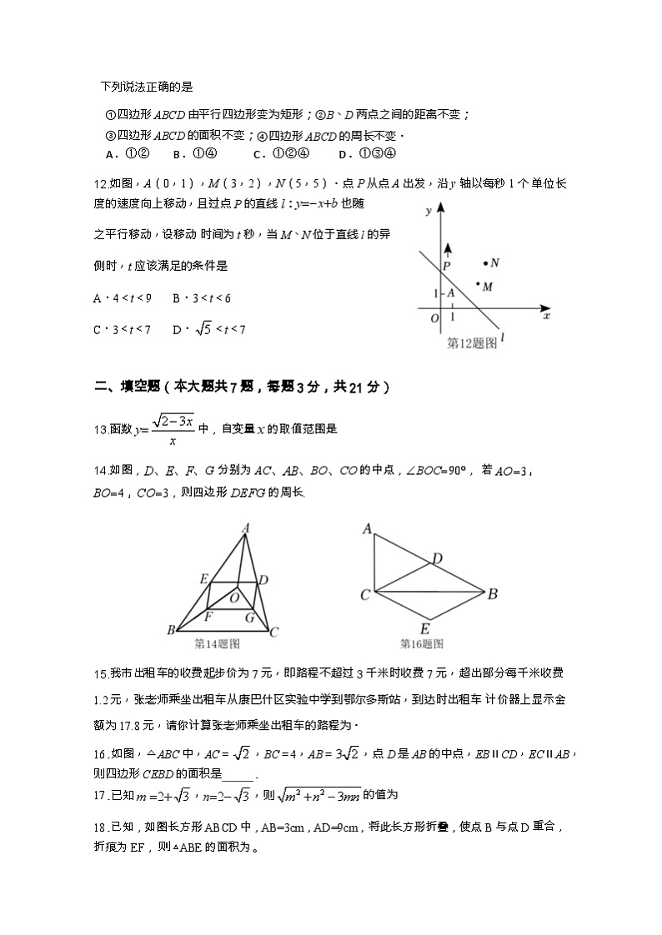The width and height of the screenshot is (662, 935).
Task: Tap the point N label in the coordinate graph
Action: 494,263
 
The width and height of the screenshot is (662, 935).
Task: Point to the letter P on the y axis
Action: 447,266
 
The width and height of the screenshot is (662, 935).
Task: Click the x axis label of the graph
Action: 546,317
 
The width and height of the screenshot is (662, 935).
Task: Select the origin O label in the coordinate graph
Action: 434,318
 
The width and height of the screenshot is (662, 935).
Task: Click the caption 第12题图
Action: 472,342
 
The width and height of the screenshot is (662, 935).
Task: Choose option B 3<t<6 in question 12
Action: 201,297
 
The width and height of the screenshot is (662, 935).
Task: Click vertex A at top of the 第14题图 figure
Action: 246,527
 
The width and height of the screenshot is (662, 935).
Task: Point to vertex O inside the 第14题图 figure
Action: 234,597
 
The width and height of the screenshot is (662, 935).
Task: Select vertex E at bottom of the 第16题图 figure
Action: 425,628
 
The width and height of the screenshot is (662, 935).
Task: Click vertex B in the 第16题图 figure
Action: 493,594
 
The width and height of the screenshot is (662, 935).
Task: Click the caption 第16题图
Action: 421,643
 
